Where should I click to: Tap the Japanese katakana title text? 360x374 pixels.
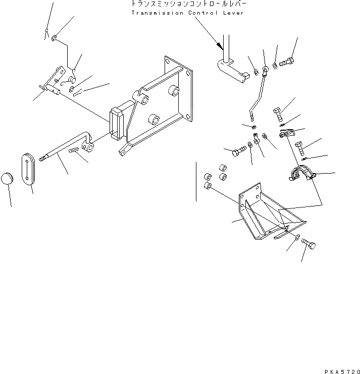point(187,4)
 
